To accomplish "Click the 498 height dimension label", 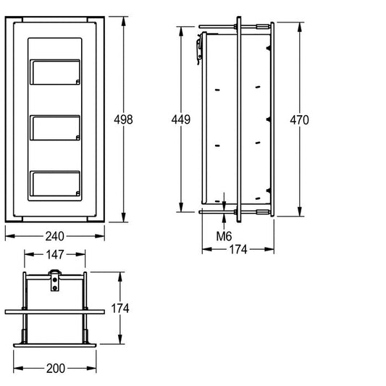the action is (x=123, y=119).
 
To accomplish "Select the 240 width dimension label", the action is (x=55, y=236).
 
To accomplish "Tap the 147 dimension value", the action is (x=55, y=254).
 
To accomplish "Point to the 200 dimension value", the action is (x=56, y=369).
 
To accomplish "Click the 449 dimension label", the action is (x=181, y=119).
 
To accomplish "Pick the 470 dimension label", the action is (x=299, y=120).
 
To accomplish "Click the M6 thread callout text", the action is (x=224, y=236).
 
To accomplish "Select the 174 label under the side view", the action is (x=238, y=249).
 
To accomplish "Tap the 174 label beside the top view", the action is (x=120, y=309).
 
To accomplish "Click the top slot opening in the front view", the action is (x=55, y=72).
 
